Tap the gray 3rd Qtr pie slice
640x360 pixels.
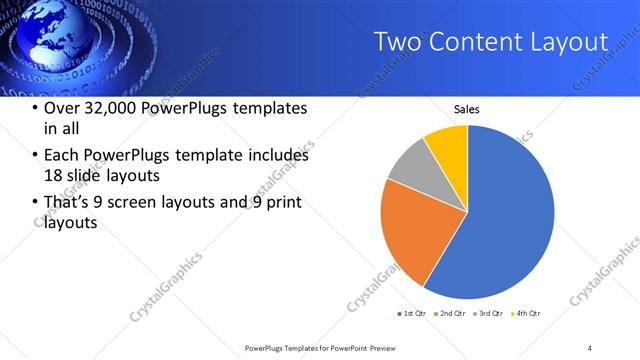(x=408, y=165)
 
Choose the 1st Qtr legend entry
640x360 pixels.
(x=411, y=314)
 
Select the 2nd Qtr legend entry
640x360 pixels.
(x=450, y=314)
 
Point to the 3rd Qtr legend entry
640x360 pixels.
(x=489, y=314)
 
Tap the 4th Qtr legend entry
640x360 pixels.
(x=527, y=314)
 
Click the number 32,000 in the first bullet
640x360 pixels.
(x=115, y=108)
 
